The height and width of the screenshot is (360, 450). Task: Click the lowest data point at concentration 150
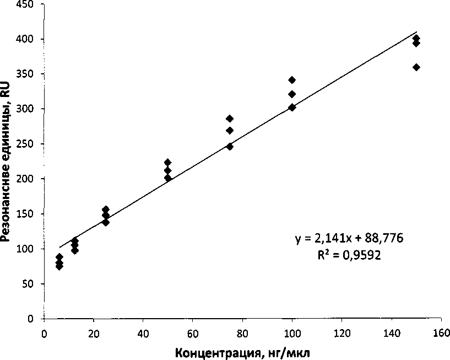coord(416,67)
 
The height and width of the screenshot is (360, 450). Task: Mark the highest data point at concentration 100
coord(292,80)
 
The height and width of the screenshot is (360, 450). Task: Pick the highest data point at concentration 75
coord(230,119)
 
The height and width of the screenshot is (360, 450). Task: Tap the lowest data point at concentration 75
coord(230,147)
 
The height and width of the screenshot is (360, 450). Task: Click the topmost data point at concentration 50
coord(168,163)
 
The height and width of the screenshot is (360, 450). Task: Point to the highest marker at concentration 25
coord(106,209)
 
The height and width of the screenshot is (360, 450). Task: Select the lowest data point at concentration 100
coord(292,108)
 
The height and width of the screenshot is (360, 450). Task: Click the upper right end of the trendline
coord(417,32)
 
